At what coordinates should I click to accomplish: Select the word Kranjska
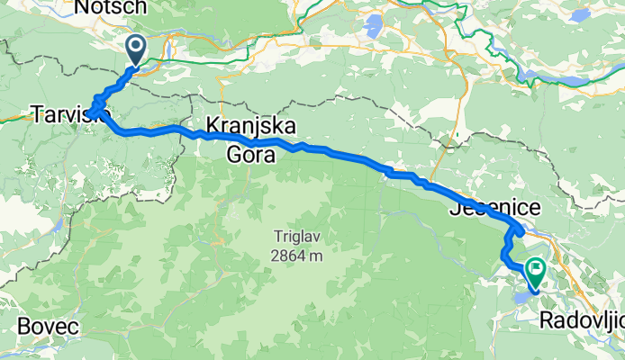(x=240, y=125)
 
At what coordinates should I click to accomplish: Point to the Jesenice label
(x=494, y=208)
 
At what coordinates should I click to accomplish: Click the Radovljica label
(x=582, y=321)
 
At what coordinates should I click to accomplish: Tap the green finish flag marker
(x=537, y=269)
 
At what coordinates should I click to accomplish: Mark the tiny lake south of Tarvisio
(x=59, y=221)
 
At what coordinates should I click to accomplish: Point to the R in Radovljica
(x=548, y=321)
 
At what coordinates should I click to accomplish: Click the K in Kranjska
(x=212, y=125)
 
